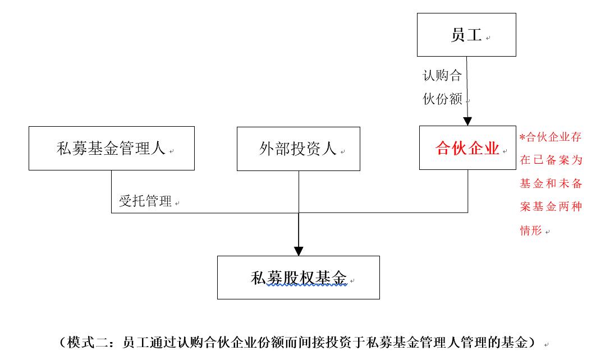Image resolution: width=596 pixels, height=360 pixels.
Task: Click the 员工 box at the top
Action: point(466,35)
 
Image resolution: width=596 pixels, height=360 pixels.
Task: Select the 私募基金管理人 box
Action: point(111,149)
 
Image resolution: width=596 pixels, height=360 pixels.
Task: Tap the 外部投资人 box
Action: point(298,149)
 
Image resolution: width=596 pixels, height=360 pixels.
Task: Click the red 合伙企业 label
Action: point(467,149)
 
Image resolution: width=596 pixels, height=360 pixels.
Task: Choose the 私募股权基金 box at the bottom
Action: point(298,278)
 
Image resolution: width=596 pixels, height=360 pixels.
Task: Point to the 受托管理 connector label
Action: point(145,202)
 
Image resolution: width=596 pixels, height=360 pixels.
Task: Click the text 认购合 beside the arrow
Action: point(442,75)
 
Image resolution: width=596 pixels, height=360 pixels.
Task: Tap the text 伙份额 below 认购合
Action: point(442,100)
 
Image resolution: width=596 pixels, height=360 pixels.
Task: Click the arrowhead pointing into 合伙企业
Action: point(467,121)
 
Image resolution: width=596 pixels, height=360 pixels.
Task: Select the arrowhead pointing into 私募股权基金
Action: point(299,251)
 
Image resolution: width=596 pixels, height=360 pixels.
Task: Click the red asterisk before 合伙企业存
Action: point(522,137)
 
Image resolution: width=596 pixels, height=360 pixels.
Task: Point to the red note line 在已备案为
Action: point(551,160)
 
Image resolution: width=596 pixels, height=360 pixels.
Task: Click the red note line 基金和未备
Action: point(551,183)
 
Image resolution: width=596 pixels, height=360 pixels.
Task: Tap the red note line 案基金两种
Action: point(551,207)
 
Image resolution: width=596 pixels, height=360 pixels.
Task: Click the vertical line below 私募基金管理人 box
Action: point(111,191)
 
